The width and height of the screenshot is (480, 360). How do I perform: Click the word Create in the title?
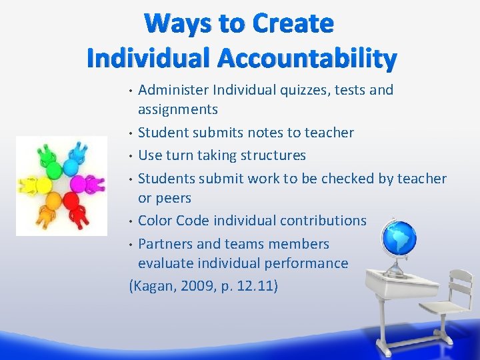[x=291, y=24]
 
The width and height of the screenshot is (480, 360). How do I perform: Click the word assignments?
[x=178, y=109]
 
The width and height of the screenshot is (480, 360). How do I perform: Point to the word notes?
[x=263, y=133]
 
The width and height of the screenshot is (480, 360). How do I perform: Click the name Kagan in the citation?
[x=152, y=286]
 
